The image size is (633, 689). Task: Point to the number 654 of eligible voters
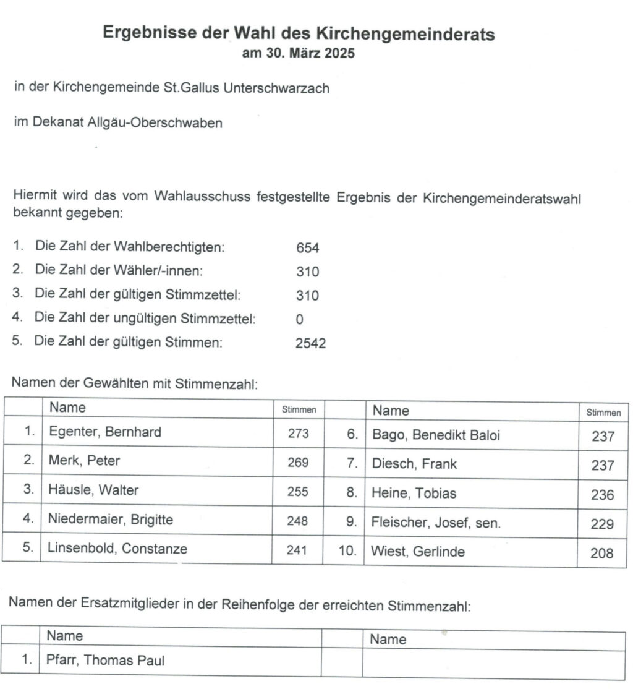[307, 249]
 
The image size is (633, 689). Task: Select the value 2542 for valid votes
[310, 344]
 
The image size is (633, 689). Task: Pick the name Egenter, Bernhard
[105, 432]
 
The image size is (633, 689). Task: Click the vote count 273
[298, 434]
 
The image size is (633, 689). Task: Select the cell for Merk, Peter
[84, 461]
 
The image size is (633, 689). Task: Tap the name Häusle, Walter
[93, 490]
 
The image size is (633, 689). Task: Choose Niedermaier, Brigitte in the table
[111, 520]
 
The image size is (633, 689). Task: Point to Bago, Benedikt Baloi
[436, 435]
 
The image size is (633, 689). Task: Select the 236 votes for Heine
[602, 495]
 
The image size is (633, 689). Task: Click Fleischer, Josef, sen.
[436, 523]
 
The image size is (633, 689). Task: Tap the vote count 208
[602, 554]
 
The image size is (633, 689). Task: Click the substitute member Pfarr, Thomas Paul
[106, 660]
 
